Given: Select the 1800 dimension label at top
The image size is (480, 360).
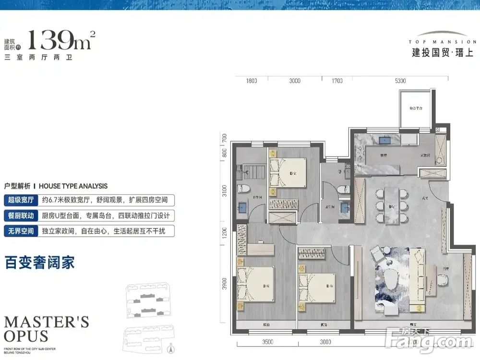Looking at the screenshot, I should (252, 81).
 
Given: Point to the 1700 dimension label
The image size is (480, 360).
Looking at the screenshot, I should (337, 81).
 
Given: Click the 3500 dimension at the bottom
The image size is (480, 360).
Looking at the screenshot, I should (268, 342).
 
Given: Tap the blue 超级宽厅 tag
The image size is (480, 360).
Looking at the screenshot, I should (21, 200).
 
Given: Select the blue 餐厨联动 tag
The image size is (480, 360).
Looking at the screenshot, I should (21, 216).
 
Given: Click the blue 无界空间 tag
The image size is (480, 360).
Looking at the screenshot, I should (21, 231).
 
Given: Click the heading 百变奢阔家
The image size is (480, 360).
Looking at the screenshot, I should (39, 263).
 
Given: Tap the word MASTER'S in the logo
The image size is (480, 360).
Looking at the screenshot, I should (46, 322).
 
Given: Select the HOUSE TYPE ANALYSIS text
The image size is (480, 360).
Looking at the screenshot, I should (73, 186).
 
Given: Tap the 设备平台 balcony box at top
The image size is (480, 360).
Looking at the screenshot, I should (416, 109).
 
